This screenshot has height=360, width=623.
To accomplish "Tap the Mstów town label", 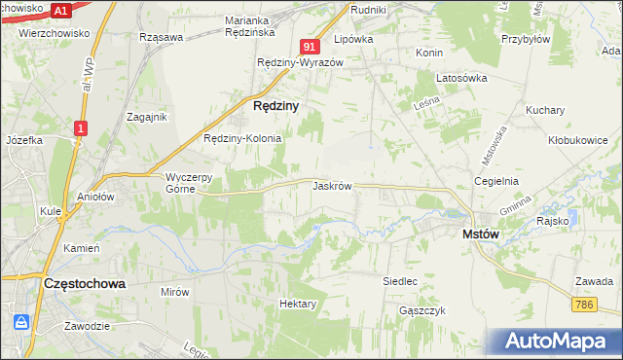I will pyautogui.click(x=480, y=234).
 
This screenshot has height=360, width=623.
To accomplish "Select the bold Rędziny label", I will pyautogui.click(x=275, y=105).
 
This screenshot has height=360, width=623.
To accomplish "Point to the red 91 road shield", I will pyautogui.click(x=310, y=47).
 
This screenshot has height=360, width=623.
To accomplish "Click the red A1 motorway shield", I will pyautogui.click(x=60, y=10).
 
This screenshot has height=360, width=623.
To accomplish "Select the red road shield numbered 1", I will pyautogui.click(x=81, y=126).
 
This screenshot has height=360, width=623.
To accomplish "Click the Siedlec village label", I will pyautogui.click(x=399, y=281).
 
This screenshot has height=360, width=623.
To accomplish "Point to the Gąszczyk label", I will pyautogui.click(x=421, y=310).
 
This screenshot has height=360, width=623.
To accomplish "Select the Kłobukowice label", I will pyautogui.click(x=577, y=140).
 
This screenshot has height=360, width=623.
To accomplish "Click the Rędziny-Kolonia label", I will pyautogui.click(x=241, y=138).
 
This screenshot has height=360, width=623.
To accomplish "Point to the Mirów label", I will pyautogui.click(x=175, y=292).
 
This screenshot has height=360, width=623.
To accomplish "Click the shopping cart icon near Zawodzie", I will pyautogui.click(x=22, y=321).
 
